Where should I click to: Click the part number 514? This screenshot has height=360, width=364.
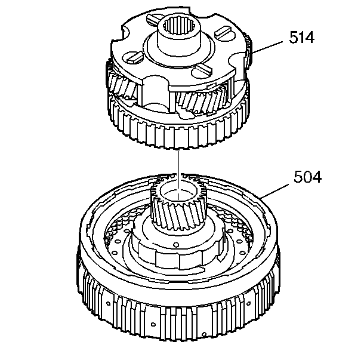click(x=301, y=37)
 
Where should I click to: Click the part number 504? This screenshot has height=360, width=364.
click(x=307, y=177)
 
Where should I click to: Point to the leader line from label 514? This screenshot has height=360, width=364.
click(x=267, y=47)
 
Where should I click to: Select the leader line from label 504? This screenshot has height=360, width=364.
click(x=275, y=190)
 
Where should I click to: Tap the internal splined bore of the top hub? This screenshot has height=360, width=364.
click(x=179, y=27)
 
